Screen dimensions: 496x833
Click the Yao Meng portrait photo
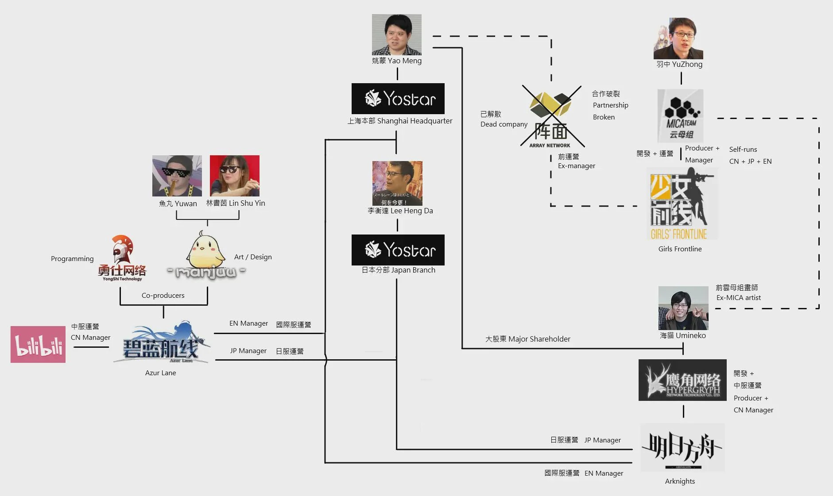coord(396,35)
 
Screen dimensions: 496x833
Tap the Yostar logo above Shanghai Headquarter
coord(398,99)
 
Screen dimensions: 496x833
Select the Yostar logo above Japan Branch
coord(398,250)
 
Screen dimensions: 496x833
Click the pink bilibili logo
coord(38,344)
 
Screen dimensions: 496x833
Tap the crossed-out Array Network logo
coord(551,116)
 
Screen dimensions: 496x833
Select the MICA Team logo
coord(680,116)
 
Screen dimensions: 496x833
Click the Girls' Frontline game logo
coord(681,205)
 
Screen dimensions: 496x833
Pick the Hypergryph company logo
coord(682,380)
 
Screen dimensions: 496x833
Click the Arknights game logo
coord(682,448)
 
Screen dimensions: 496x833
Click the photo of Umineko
coord(683,308)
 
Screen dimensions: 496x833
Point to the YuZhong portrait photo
coord(678,38)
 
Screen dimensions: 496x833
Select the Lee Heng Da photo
coord(397,183)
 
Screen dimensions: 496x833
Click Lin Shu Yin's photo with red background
coord(234,176)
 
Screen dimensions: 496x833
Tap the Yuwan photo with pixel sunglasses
coord(177,176)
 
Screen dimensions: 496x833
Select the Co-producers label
coord(163,295)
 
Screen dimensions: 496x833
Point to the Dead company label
coord(504,124)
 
